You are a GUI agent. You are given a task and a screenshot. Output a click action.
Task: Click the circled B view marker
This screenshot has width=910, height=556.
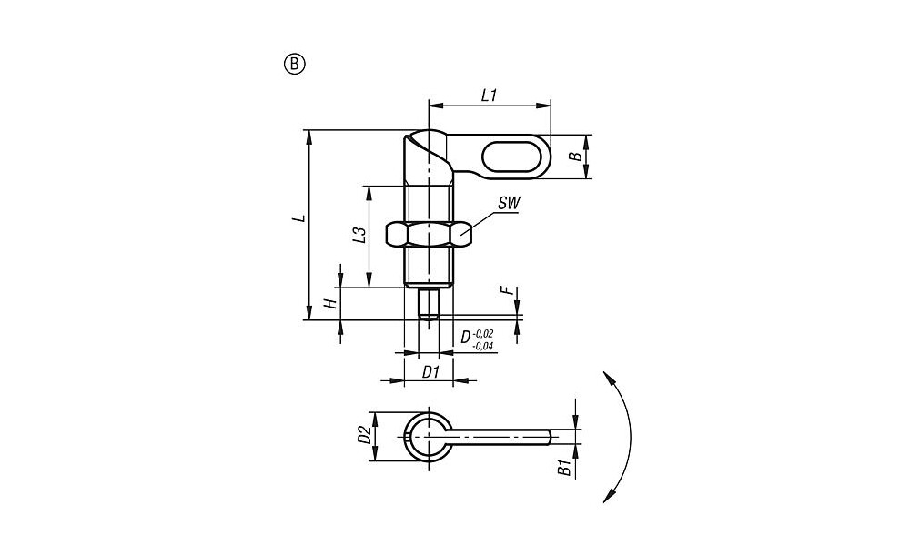click(x=294, y=64)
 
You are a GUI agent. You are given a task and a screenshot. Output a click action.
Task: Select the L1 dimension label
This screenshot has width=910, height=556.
click(x=490, y=96)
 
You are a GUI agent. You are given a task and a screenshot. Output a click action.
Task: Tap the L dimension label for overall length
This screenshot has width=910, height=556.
click(x=298, y=218)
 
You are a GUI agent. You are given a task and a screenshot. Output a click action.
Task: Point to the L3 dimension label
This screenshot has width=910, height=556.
click(x=360, y=235)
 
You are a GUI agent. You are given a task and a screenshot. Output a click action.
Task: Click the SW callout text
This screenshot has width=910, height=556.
click(x=509, y=203)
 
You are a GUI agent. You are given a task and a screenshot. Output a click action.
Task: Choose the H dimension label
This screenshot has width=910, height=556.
click(x=329, y=304)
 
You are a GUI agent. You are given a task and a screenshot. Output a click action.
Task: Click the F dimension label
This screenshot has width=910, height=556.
click(x=511, y=290)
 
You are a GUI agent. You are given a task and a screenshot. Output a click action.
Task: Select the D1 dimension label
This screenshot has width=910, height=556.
click(x=430, y=372)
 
